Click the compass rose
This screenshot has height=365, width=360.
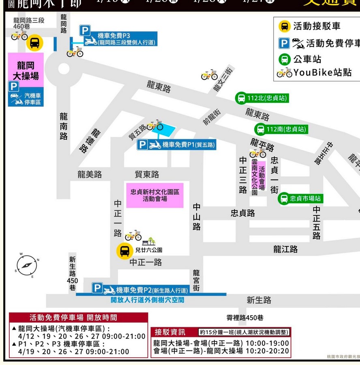(27, 265)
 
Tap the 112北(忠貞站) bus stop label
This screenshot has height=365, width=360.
(262, 98)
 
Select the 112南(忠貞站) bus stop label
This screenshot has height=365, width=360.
(281, 130)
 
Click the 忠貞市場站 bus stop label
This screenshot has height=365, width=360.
(301, 199)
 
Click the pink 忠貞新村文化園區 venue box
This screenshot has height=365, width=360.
(154, 195)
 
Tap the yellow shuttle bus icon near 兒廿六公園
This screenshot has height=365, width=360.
(124, 251)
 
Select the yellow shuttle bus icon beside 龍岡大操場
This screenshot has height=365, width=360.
(35, 43)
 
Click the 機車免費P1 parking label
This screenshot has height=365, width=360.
(176, 145)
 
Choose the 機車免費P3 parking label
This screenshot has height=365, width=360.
(118, 38)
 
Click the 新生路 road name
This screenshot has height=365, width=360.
(259, 300)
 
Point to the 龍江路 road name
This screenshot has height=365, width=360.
(285, 249)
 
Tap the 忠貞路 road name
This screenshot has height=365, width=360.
(242, 213)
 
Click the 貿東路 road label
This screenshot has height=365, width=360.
(147, 174)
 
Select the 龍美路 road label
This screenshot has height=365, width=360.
(90, 174)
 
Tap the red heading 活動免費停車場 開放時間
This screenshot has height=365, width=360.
(79, 318)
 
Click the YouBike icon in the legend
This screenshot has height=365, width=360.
(285, 73)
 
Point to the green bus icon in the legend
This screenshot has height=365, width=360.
(285, 59)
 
